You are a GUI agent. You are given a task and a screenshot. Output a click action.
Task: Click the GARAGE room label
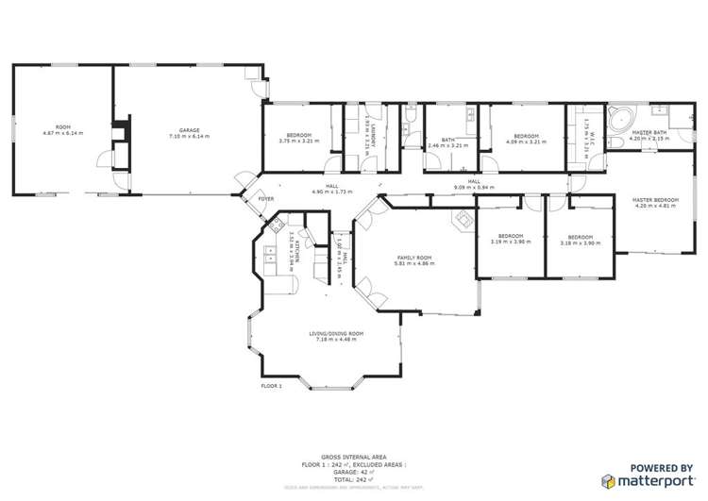coord(189,130)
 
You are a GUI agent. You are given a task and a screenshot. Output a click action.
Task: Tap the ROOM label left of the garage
coord(62,125)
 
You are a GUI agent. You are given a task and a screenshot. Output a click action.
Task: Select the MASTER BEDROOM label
coord(654,200)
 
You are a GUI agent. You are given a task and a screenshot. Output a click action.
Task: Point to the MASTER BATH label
coord(649,134)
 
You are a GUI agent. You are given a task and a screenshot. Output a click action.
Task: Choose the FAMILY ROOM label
coord(413,257)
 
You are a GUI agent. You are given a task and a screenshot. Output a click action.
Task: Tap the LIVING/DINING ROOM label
coord(335,334)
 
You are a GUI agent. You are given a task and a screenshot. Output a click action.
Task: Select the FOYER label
coord(267,199)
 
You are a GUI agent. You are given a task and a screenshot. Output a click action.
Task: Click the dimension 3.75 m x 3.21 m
coord(298,141)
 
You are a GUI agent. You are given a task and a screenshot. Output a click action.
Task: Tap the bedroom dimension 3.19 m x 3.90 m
coord(511,242)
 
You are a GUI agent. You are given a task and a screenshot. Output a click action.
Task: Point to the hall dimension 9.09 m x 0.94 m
coord(474,187)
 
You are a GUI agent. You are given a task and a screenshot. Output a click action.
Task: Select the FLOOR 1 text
coord(271,386)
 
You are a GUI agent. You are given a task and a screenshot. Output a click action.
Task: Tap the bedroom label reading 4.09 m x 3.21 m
coord(526,139)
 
